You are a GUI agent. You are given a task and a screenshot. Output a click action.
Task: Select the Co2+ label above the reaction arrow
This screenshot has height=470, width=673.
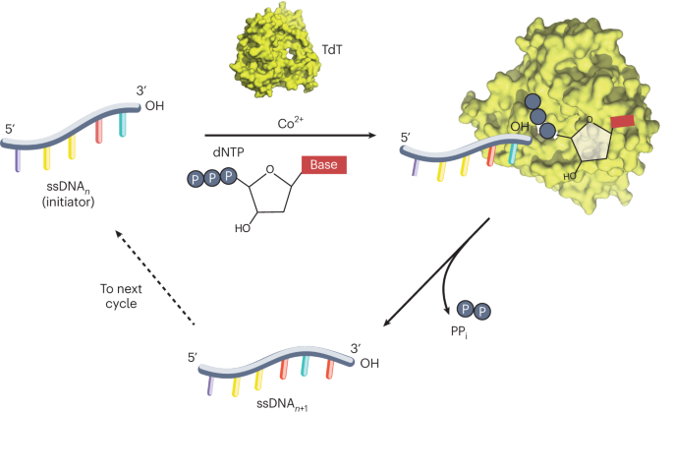pos(284,122)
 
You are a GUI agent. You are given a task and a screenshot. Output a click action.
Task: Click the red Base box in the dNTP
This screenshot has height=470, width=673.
pos(324,164)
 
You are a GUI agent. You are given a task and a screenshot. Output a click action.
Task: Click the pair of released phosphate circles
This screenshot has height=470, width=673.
pos(475,312)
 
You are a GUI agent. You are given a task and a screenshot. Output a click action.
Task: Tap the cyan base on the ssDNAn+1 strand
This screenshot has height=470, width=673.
pos(306,367)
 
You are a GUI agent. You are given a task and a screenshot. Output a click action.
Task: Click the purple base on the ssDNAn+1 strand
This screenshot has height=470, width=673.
pos(210,384)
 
